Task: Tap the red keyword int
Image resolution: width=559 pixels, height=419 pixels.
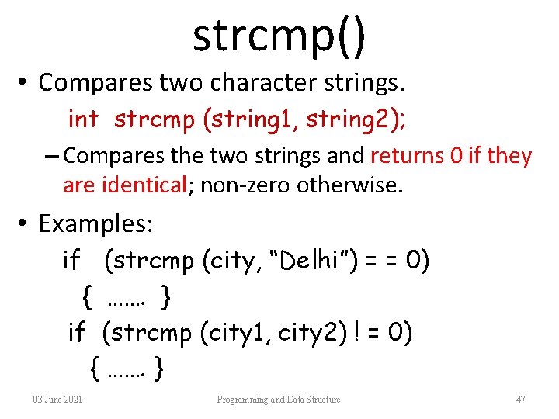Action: pos(83,119)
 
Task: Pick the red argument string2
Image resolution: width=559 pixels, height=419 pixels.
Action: pos(349,119)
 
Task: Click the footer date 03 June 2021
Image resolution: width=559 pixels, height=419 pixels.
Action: pos(58,400)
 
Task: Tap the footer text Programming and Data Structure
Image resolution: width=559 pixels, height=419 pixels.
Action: pos(279,400)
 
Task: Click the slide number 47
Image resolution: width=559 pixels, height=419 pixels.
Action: pos(520,400)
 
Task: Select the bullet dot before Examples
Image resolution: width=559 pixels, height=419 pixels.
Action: pos(24,225)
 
